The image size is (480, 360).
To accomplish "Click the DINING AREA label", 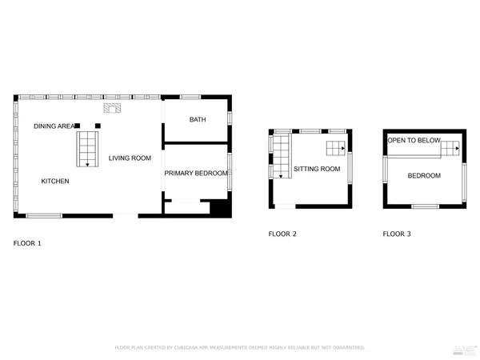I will click(54, 126).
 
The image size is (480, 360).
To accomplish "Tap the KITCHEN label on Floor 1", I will click(55, 182).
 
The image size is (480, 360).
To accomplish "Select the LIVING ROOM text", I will click(130, 158).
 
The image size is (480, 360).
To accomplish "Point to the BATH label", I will click(198, 120).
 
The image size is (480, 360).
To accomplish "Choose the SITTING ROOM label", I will click(317, 169).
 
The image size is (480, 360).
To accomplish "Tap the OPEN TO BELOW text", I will click(414, 141).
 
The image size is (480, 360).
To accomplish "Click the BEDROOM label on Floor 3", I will click(424, 175).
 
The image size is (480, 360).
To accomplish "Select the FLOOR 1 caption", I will click(27, 242).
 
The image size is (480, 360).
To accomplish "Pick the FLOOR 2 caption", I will click(282, 234).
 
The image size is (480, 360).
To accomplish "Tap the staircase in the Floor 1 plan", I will click(86, 148).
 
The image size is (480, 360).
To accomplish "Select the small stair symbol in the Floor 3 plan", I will click(451, 147).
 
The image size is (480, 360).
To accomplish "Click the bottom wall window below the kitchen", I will click(44, 215).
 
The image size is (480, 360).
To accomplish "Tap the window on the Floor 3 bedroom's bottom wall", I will click(424, 207).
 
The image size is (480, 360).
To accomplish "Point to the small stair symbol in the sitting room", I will click(336, 147).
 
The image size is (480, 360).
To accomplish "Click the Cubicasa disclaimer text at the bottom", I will click(240, 348).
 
